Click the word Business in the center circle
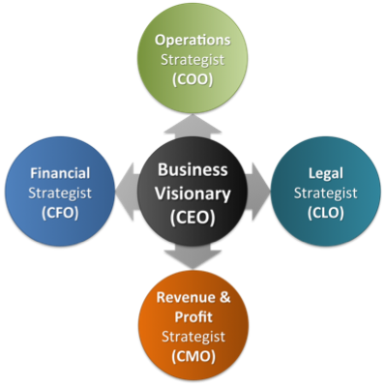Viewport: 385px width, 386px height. (192, 168)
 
